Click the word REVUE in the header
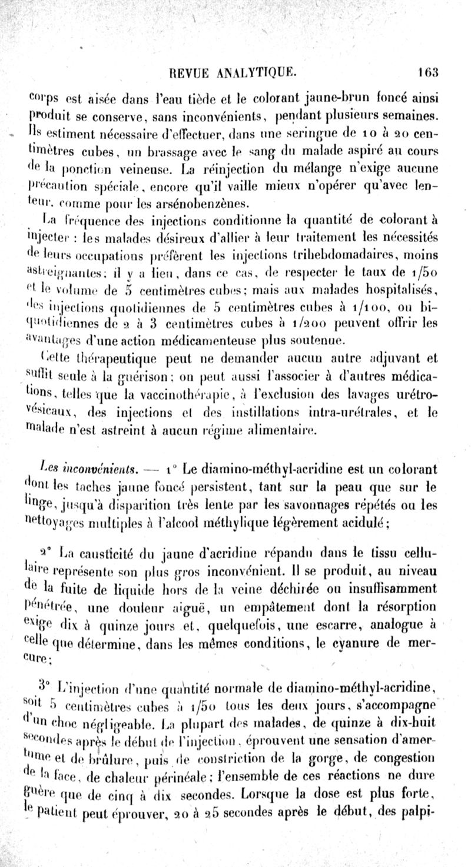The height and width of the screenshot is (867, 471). [187, 73]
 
